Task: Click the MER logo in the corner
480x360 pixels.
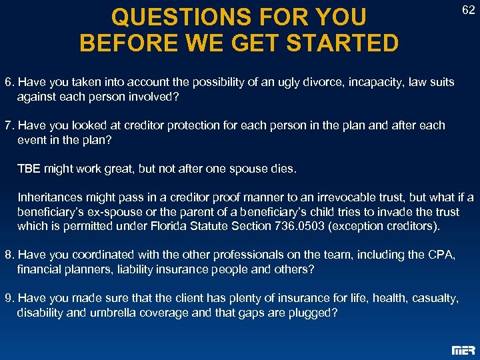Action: click(x=463, y=349)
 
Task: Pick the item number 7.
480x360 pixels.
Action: click(x=9, y=126)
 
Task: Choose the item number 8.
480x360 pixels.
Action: click(x=9, y=255)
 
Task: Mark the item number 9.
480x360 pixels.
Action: click(x=9, y=298)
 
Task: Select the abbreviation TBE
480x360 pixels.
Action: click(x=29, y=169)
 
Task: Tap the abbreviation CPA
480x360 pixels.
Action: click(x=437, y=255)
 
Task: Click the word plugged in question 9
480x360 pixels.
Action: click(x=312, y=313)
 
